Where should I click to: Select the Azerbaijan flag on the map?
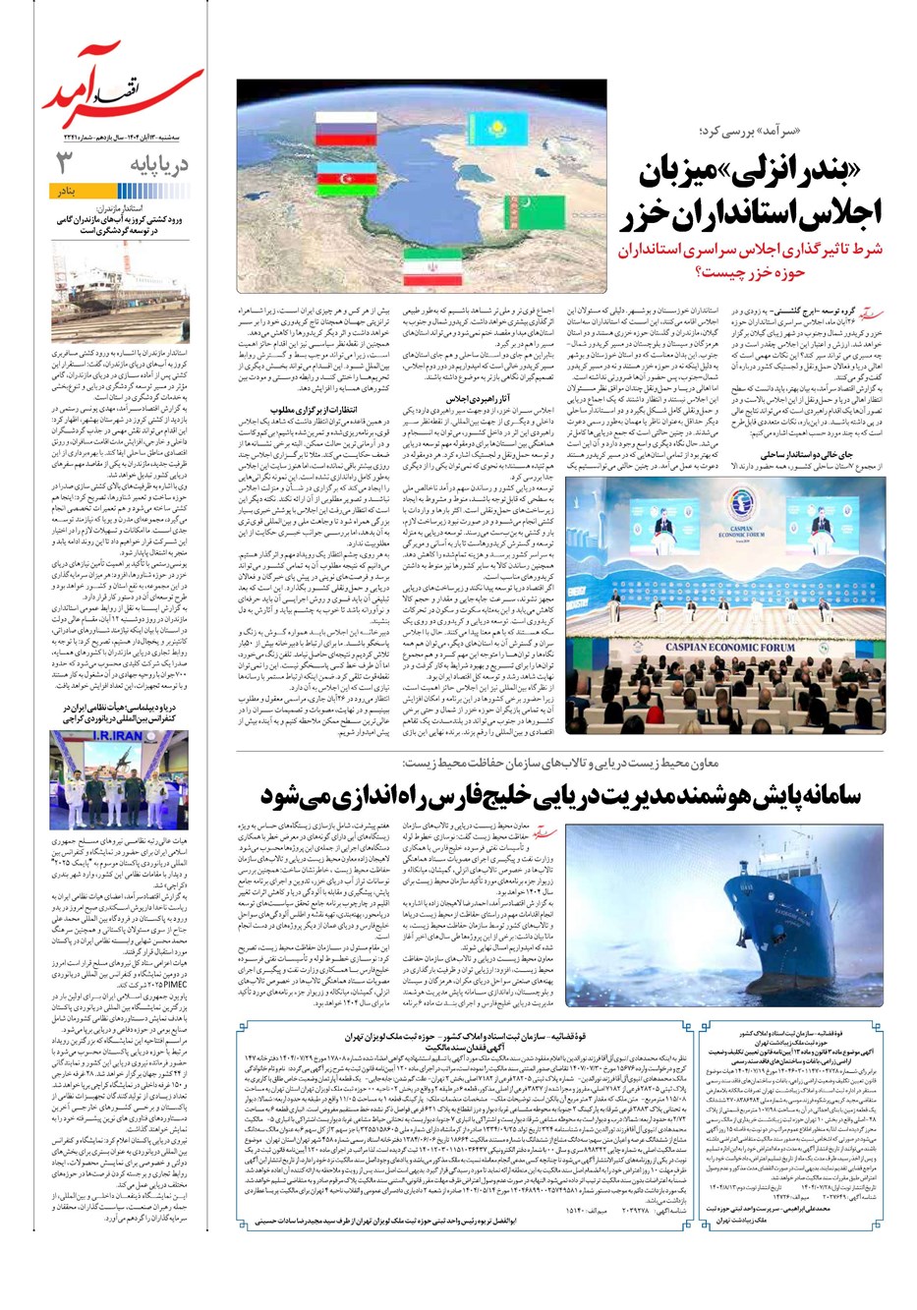[x=343, y=179]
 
